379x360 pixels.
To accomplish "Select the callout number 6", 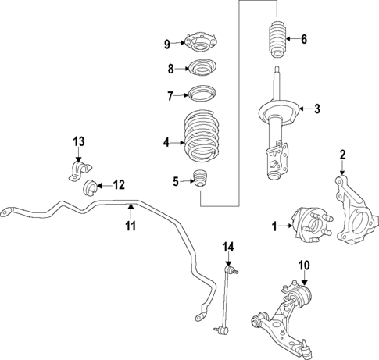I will pyautogui.click(x=304, y=39).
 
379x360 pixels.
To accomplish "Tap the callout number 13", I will pyautogui.click(x=78, y=141).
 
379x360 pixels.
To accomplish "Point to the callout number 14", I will pyautogui.click(x=227, y=248).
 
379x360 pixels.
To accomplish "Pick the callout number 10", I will pyautogui.click(x=304, y=264).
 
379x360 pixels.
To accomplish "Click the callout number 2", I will pyautogui.click(x=341, y=155).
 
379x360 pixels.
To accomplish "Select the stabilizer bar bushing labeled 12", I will pyautogui.click(x=91, y=187).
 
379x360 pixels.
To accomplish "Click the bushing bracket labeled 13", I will pyautogui.click(x=78, y=170).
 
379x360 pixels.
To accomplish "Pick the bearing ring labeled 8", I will pyautogui.click(x=199, y=69).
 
